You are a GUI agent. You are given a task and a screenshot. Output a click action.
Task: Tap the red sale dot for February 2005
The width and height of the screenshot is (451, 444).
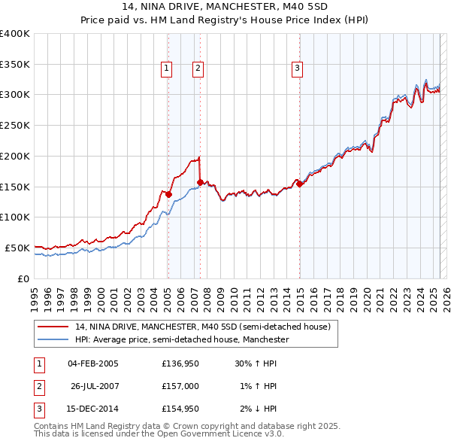(x=168, y=194)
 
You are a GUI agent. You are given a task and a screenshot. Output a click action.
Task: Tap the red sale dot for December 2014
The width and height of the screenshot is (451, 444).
(x=299, y=184)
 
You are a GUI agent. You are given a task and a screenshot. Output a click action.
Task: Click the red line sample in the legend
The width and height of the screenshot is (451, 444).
(x=53, y=327)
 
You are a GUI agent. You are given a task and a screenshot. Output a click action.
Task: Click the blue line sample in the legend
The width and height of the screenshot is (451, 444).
(x=53, y=340)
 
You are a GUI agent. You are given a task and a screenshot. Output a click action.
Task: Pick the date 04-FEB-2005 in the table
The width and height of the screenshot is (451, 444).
(x=92, y=363)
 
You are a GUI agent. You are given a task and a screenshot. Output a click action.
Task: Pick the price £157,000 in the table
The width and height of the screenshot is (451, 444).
(x=180, y=386)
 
